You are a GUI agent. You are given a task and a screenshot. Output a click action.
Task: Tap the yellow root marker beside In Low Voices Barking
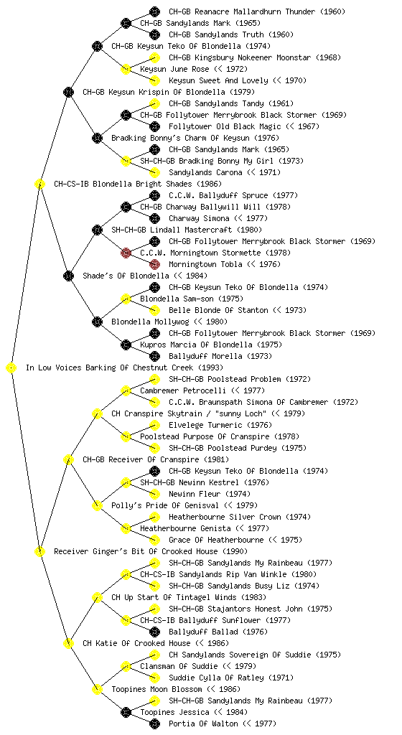pyautogui.click(x=11, y=368)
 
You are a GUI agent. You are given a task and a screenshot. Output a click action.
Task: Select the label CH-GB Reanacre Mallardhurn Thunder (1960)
pyautogui.click(x=257, y=11)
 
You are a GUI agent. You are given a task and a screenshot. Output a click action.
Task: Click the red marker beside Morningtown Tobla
pyautogui.click(x=154, y=264)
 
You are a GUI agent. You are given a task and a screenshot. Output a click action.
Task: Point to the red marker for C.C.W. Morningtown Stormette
pyautogui.click(x=126, y=253)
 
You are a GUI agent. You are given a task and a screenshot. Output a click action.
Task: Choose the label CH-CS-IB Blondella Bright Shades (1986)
pyautogui.click(x=138, y=184)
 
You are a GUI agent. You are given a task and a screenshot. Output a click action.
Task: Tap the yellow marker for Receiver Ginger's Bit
pyautogui.click(x=39, y=552)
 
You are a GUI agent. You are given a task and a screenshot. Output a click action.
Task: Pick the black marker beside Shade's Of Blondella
pyautogui.click(x=68, y=276)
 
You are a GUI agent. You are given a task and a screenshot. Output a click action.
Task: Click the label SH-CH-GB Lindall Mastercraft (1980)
pyautogui.click(x=187, y=230)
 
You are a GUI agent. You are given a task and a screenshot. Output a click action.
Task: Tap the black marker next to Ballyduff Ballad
pyautogui.click(x=154, y=632)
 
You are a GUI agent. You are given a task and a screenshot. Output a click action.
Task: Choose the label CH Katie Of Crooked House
pyautogui.click(x=136, y=644)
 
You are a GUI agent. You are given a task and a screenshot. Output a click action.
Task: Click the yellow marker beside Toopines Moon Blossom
pyautogui.click(x=97, y=690)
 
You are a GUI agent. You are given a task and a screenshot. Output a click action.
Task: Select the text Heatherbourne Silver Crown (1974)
pyautogui.click(x=240, y=517)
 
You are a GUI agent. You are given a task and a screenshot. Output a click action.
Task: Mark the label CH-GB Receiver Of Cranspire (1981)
pyautogui.click(x=156, y=460)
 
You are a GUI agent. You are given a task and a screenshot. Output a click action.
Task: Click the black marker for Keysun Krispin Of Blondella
pyautogui.click(x=68, y=93)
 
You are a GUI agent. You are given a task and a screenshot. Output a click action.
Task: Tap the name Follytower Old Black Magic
pyautogui.click(x=225, y=126)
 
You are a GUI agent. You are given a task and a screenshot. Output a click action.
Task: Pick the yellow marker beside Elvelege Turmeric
pyautogui.click(x=154, y=425)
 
